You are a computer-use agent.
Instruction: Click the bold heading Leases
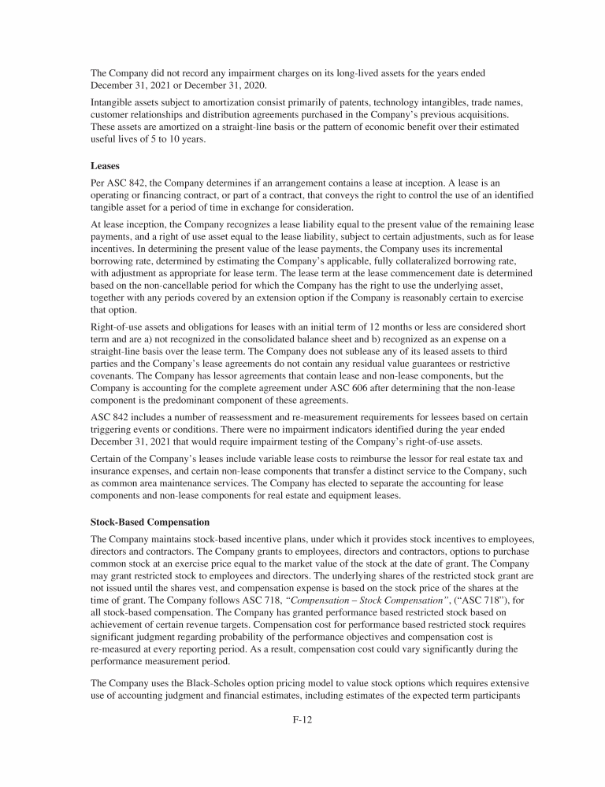pyautogui.click(x=106, y=167)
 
